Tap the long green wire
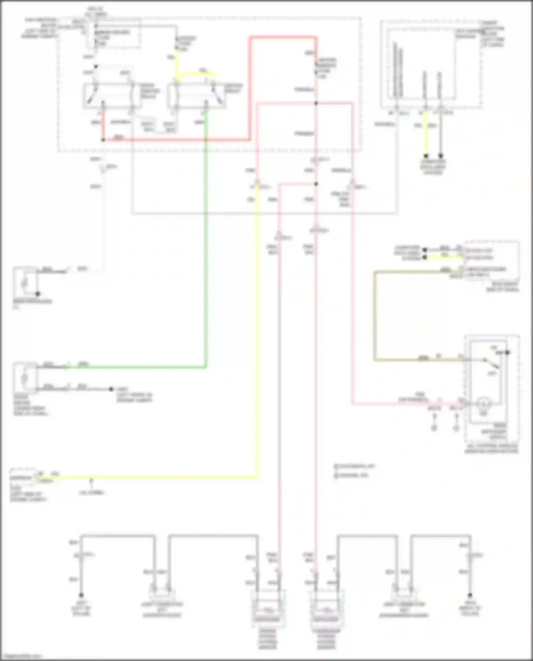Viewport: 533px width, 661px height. tap(206, 249)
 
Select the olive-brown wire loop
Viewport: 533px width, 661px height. tap(375, 316)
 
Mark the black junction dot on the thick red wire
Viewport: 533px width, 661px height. tap(103, 140)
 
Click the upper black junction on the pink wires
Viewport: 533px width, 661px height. tap(316, 103)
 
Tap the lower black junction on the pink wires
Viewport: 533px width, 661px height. tap(316, 184)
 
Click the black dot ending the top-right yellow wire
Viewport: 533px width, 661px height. tap(425, 156)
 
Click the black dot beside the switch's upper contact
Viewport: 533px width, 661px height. tap(508, 352)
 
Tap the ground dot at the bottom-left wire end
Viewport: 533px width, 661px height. tap(81, 595)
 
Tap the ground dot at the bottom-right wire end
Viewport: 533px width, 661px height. tap(470, 595)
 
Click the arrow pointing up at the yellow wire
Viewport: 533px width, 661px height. tap(91, 481)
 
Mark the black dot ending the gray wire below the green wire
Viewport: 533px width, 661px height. tap(111, 389)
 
